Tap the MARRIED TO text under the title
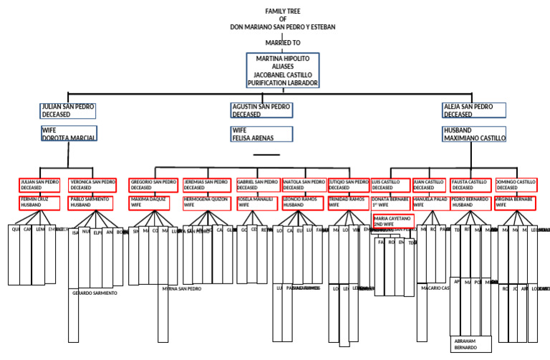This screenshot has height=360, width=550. (x=282, y=43)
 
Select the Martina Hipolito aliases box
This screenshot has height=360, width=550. (x=282, y=70)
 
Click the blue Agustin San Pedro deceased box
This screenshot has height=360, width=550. (x=261, y=110)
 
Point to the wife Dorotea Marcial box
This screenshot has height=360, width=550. (x=68, y=134)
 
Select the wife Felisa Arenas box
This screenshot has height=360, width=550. (x=261, y=134)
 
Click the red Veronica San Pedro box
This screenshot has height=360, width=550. (x=92, y=185)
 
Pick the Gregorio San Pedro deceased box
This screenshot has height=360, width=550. (x=153, y=185)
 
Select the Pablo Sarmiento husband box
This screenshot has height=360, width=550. (x=90, y=203)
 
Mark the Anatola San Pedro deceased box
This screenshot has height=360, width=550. (x=304, y=185)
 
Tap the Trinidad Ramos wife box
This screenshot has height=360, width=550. (x=347, y=203)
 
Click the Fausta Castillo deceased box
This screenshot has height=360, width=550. (x=471, y=185)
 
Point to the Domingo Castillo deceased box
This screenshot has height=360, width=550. (x=516, y=185)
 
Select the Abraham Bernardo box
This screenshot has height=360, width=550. (x=471, y=344)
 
